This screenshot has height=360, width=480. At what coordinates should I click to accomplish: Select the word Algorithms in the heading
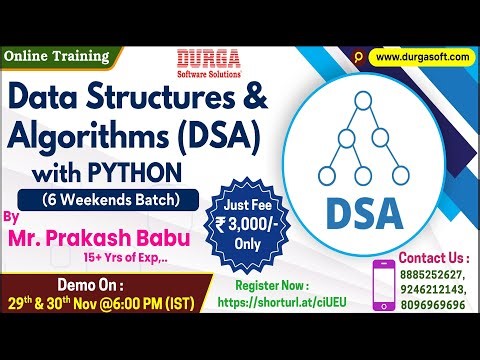tap(87, 131)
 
